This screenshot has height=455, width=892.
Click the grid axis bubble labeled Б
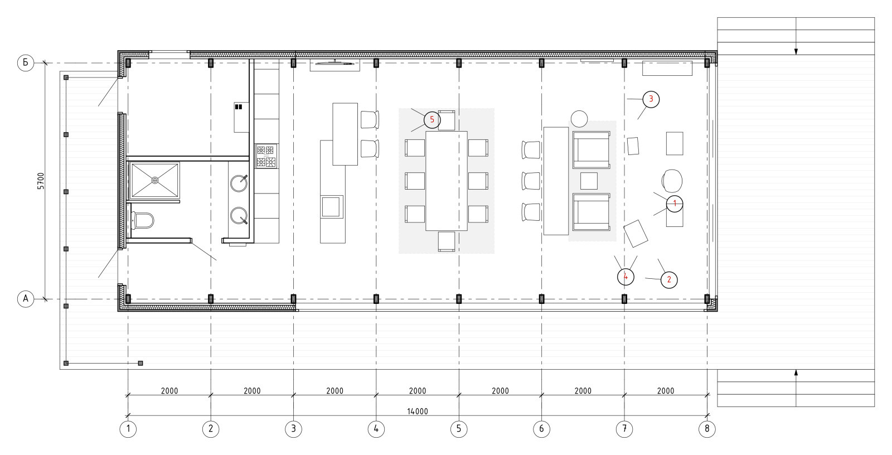26,63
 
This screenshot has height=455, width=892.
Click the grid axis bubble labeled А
26,299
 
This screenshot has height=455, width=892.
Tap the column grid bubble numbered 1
128,429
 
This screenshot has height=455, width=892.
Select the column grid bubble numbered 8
707,429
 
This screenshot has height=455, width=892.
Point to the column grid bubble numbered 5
459,429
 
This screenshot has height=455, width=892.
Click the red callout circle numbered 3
651,99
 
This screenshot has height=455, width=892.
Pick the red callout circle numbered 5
432,120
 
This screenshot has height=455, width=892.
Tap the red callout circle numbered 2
669,280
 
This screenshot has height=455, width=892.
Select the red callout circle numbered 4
626,277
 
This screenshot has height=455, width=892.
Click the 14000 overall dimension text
418,412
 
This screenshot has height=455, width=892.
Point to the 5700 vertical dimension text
41,181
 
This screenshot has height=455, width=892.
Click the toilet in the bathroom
142,220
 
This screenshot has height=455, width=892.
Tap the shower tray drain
155,181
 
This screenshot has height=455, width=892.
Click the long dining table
447,181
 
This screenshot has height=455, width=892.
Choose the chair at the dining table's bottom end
447,241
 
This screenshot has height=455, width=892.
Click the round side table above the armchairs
579,119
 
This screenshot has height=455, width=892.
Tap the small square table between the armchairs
589,181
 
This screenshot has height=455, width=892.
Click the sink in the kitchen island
332,206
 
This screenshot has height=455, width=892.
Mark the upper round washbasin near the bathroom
239,183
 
